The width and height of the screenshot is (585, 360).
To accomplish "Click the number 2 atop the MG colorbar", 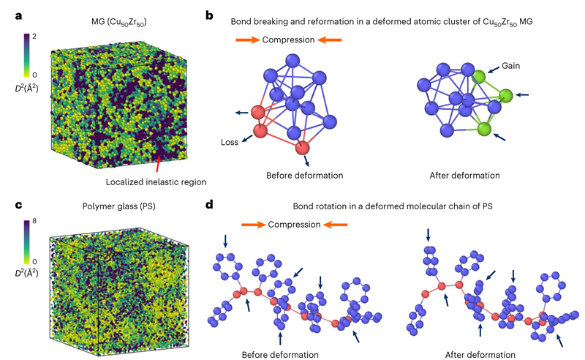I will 34,36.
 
